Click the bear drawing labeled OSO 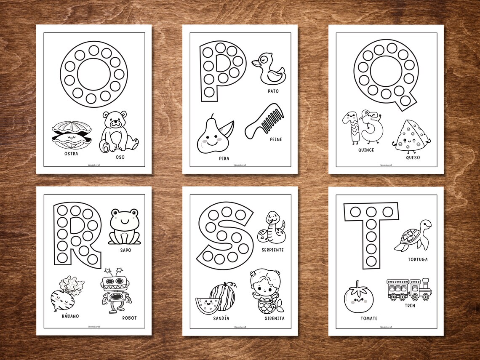point(119,132)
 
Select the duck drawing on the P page point(268,69)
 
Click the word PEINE point(275,139)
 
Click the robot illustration point(115,290)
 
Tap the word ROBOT point(129,318)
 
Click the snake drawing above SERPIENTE point(271,227)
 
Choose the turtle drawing point(412,236)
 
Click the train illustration point(409,289)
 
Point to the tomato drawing point(358,297)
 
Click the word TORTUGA point(417,259)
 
